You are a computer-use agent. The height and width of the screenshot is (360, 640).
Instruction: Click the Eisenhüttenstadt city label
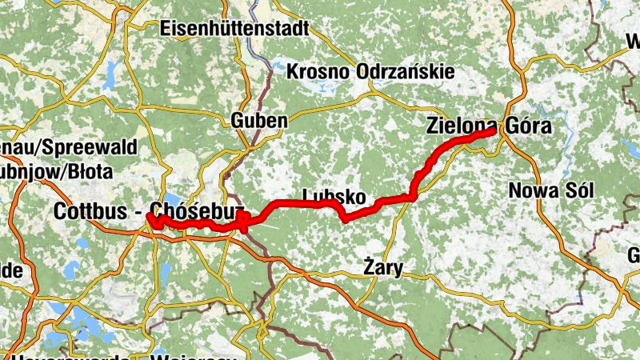click(x=234, y=29)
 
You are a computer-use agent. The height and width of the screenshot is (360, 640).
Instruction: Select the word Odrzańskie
click(x=408, y=72)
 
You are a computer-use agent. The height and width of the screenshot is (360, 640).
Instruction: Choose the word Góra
click(x=528, y=126)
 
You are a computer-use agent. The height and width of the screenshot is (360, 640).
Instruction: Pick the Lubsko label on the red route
click(x=334, y=196)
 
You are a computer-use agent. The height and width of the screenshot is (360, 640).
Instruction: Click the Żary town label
click(x=382, y=267)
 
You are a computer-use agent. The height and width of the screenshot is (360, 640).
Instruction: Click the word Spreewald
click(x=99, y=147)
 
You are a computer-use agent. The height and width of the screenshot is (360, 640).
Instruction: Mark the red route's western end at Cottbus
click(x=149, y=216)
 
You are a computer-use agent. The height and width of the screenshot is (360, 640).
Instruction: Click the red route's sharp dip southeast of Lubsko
click(x=344, y=218)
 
